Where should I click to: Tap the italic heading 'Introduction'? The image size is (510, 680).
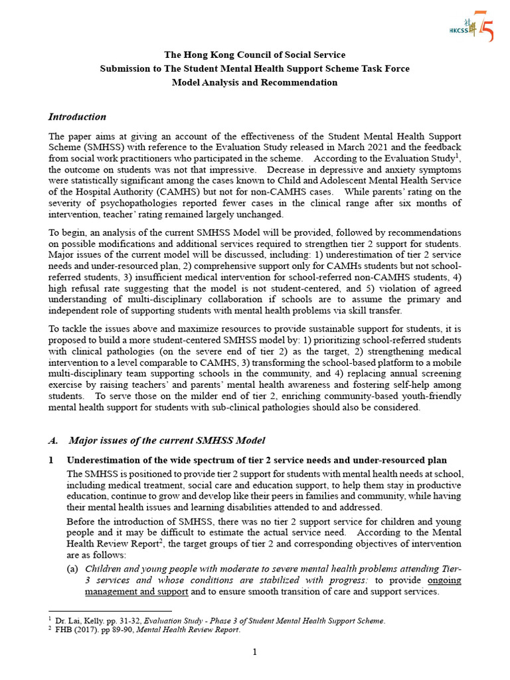point(77,117)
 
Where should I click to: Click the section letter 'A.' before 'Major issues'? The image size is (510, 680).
point(54,440)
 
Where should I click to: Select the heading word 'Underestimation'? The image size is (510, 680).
point(104,460)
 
